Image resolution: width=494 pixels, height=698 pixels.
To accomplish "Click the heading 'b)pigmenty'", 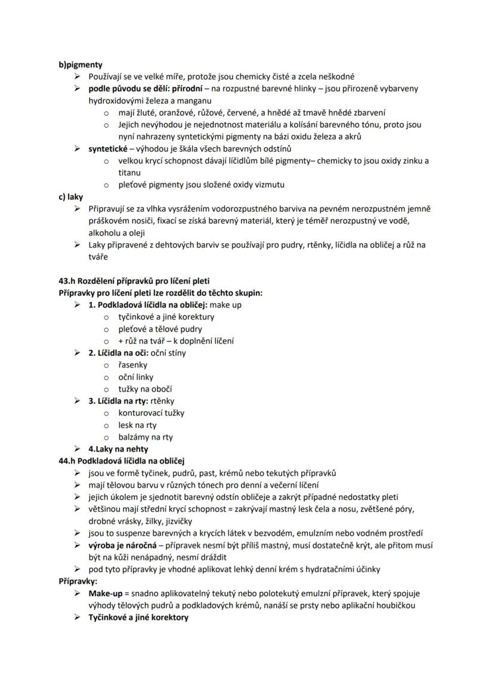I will click(81, 64).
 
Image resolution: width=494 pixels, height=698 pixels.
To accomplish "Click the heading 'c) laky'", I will click(71, 197).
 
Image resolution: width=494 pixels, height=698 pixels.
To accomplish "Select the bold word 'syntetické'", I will click(107, 148).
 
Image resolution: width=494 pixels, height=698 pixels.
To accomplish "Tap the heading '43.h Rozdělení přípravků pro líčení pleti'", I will click(134, 281).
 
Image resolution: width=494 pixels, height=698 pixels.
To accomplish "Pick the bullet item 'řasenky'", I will click(132, 365).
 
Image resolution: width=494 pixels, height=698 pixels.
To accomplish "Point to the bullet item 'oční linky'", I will click(135, 377).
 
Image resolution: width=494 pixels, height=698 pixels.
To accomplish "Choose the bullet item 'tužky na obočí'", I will click(142, 389).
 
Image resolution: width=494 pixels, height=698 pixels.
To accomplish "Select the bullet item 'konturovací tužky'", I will click(151, 412).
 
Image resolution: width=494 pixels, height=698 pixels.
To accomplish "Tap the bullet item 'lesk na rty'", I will click(137, 425).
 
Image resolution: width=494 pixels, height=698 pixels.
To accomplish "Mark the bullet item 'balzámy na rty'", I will click(145, 437).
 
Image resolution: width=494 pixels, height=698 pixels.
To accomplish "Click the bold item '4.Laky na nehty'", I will click(118, 449).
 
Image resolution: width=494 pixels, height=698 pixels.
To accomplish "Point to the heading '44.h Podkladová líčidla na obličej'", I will click(122, 461).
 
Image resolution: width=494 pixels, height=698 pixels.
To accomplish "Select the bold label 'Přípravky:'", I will click(78, 581).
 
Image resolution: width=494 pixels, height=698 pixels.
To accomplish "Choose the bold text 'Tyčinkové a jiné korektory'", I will click(138, 617).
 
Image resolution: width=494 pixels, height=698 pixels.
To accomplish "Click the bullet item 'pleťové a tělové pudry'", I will click(160, 328).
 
